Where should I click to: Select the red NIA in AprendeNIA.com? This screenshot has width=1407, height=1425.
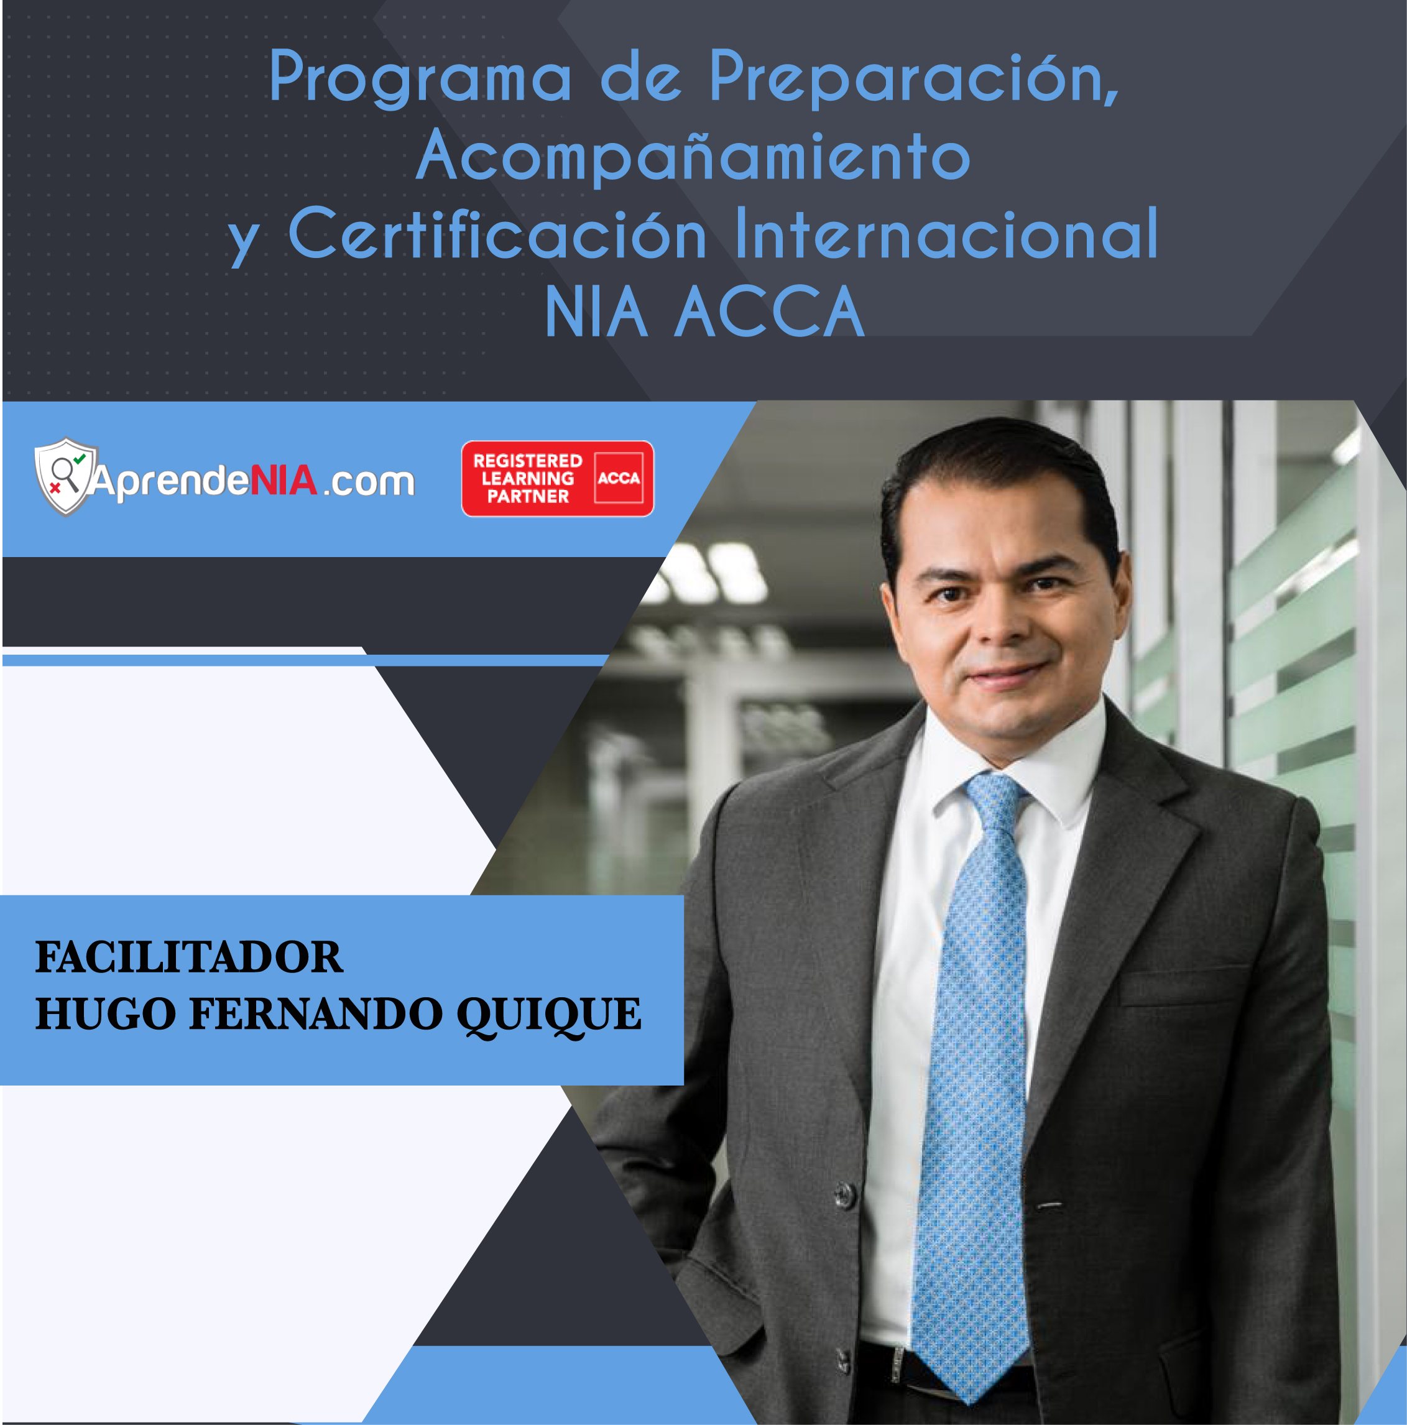point(285,479)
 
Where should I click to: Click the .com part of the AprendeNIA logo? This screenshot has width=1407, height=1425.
point(369,482)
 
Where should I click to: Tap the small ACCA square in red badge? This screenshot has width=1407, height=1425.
point(619,478)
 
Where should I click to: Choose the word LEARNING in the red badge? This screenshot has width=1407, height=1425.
point(527,478)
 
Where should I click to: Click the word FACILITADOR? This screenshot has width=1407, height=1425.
point(190,957)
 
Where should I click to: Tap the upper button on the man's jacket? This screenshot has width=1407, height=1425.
point(844,1193)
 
